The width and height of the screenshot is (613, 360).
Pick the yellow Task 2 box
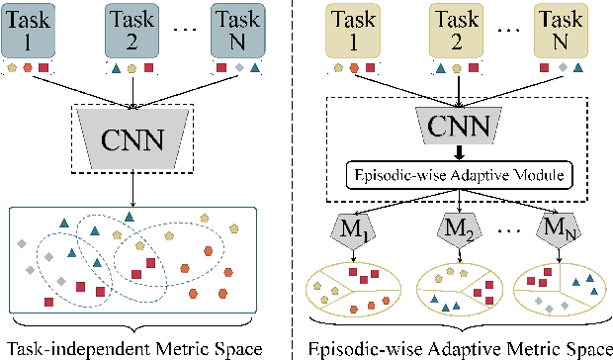coord(453,30)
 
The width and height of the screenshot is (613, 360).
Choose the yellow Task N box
coord(560,30)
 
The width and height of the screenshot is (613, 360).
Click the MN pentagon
coord(560,235)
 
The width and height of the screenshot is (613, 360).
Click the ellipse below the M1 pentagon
coord(352,287)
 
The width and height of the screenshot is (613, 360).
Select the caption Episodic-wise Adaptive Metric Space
coord(457,348)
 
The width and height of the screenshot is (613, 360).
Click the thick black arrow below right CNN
coord(458,150)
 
